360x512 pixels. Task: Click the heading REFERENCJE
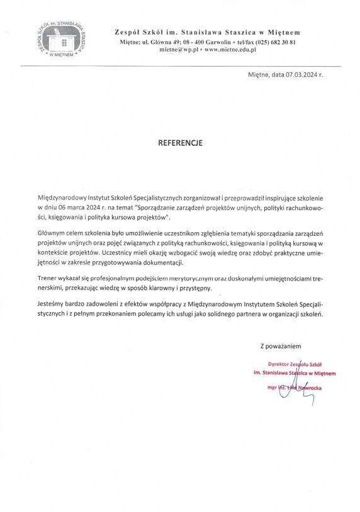coord(179,143)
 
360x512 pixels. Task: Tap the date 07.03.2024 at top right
coord(301,75)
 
